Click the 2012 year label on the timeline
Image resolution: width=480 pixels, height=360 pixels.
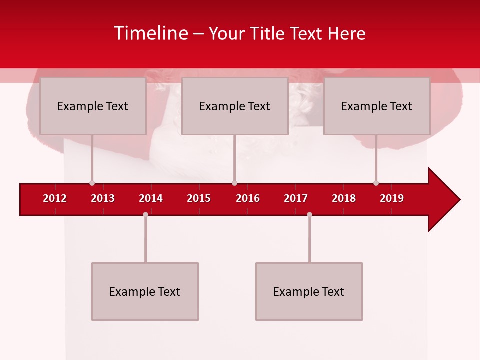click(55, 198)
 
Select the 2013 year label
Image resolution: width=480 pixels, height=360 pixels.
click(103, 198)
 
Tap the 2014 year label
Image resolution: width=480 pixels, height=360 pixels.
click(151, 198)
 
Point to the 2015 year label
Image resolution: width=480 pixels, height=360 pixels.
click(199, 198)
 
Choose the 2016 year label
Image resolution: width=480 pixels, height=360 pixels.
click(248, 198)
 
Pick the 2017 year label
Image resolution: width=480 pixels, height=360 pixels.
click(296, 198)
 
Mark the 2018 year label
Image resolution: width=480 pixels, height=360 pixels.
click(344, 198)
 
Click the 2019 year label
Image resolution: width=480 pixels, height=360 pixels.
click(392, 198)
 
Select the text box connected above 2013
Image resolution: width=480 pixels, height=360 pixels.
click(93, 106)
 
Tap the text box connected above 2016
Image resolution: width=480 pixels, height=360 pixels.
click(235, 106)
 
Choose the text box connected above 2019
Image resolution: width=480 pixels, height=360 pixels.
click(377, 106)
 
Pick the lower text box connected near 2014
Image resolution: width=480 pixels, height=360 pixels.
click(145, 291)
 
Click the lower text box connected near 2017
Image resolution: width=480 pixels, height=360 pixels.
click(309, 291)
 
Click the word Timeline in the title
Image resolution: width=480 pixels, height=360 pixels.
click(151, 33)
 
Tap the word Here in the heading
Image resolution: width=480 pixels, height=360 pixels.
click(346, 34)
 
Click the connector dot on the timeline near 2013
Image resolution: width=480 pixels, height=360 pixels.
click(92, 183)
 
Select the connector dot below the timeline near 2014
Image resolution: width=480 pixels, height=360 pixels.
click(145, 214)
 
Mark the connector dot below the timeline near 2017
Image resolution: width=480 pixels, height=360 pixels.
click(309, 214)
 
